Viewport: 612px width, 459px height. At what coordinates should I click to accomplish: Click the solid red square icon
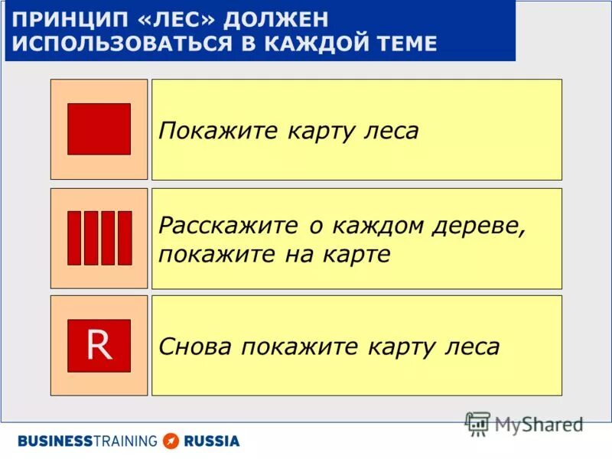click(99, 129)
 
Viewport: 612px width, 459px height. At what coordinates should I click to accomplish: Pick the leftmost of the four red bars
click(74, 238)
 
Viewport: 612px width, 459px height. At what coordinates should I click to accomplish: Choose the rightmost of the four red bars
click(125, 238)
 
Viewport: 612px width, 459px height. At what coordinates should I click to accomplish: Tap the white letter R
click(99, 346)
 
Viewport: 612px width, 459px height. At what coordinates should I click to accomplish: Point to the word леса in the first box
click(389, 131)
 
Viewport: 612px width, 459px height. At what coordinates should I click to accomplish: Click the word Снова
click(196, 347)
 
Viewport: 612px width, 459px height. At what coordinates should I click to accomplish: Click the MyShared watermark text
click(539, 424)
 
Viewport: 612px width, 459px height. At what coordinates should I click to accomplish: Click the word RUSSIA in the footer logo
click(211, 441)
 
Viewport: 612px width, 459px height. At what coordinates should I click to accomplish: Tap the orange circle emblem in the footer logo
click(171, 441)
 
